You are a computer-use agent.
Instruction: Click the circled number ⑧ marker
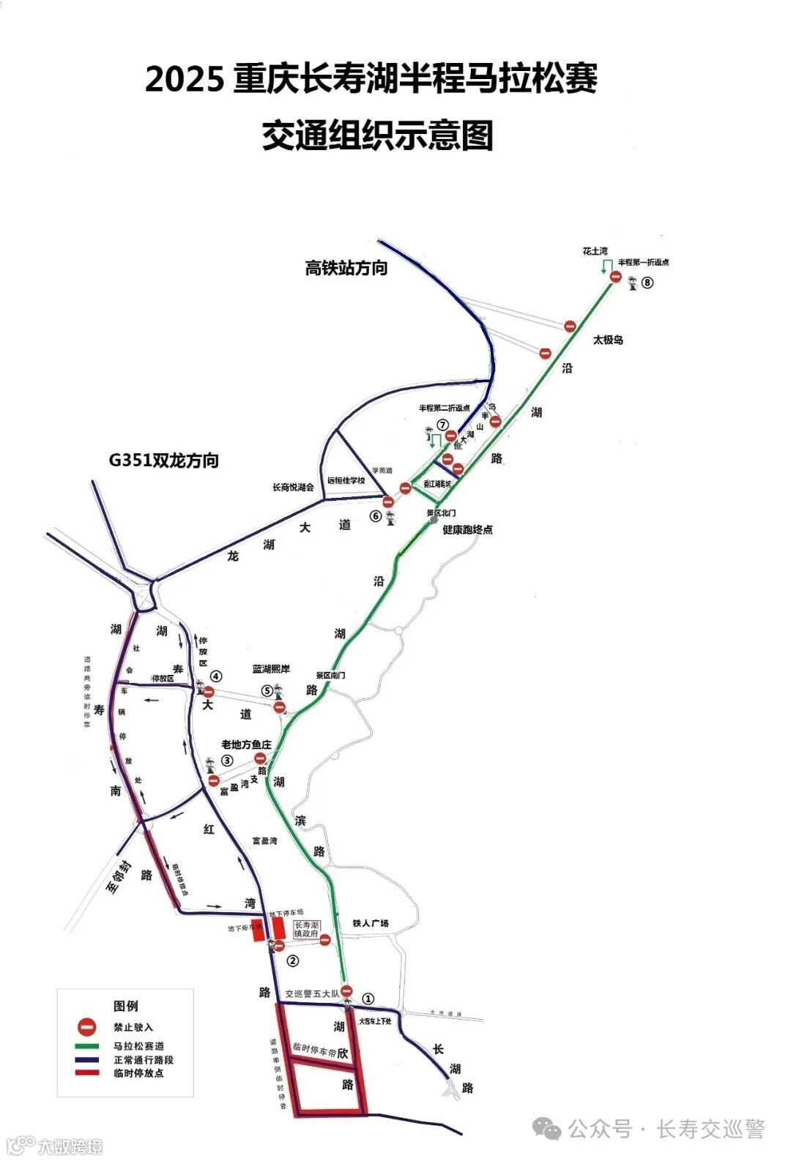[647, 283]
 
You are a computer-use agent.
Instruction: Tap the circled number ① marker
[368, 998]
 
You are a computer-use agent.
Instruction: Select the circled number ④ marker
[215, 676]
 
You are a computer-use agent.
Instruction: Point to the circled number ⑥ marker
[376, 516]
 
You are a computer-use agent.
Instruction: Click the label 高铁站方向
[346, 269]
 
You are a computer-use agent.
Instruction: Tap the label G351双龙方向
[164, 460]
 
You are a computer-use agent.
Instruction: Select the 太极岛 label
[608, 340]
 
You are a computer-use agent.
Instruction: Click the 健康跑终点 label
[467, 529]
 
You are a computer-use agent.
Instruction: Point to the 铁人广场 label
[371, 924]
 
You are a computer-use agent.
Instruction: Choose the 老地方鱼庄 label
[247, 744]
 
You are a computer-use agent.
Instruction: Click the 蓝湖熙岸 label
[271, 669]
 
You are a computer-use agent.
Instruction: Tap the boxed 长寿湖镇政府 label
[306, 930]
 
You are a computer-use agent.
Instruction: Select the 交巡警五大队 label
[313, 994]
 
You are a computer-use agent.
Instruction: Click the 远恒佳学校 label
[346, 481]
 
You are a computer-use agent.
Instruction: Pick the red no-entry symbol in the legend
[87, 1027]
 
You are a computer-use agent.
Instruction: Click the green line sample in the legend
[87, 1047]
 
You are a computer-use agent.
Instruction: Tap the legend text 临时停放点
[138, 1073]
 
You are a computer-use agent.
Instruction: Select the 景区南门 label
[330, 675]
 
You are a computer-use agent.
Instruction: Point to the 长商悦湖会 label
[293, 488]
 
